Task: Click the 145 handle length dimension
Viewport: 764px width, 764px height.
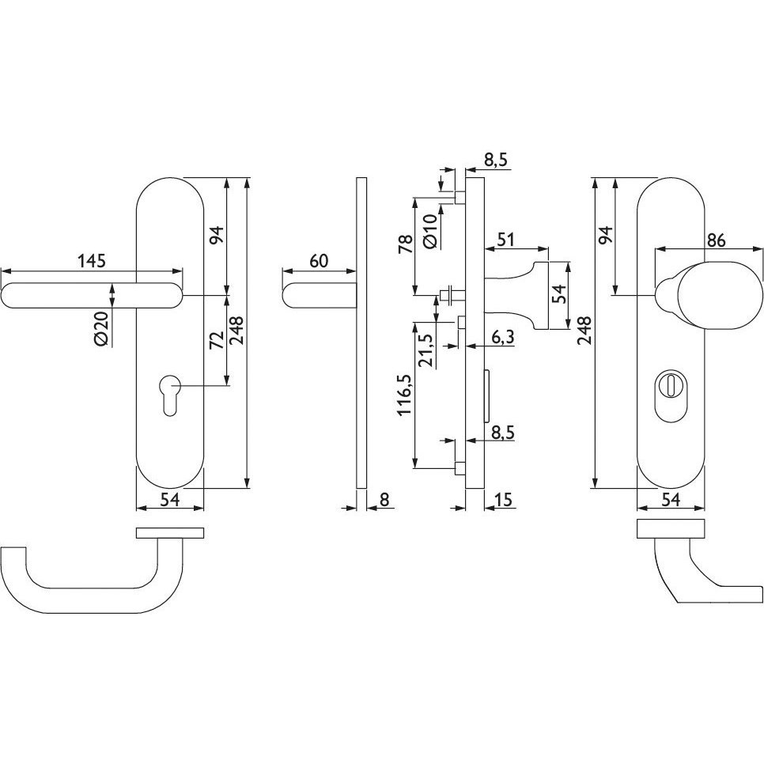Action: click(x=92, y=261)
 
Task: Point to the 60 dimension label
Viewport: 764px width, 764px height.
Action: click(x=319, y=261)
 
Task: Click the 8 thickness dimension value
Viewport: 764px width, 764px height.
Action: click(x=384, y=500)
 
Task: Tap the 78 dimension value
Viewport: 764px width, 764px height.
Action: click(x=406, y=243)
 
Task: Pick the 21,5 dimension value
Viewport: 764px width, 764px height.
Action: click(x=427, y=351)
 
